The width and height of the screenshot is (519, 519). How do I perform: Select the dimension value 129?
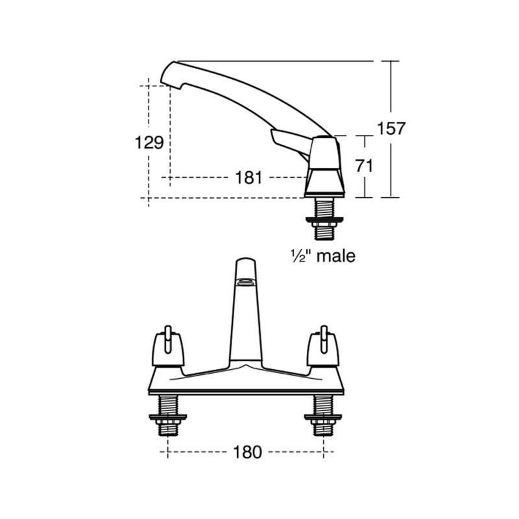click(x=149, y=142)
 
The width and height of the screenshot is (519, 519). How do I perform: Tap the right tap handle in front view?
click(x=324, y=344)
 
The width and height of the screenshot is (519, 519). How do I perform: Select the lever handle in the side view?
click(x=285, y=139)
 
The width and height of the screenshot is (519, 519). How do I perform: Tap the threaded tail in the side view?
click(x=324, y=209)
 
